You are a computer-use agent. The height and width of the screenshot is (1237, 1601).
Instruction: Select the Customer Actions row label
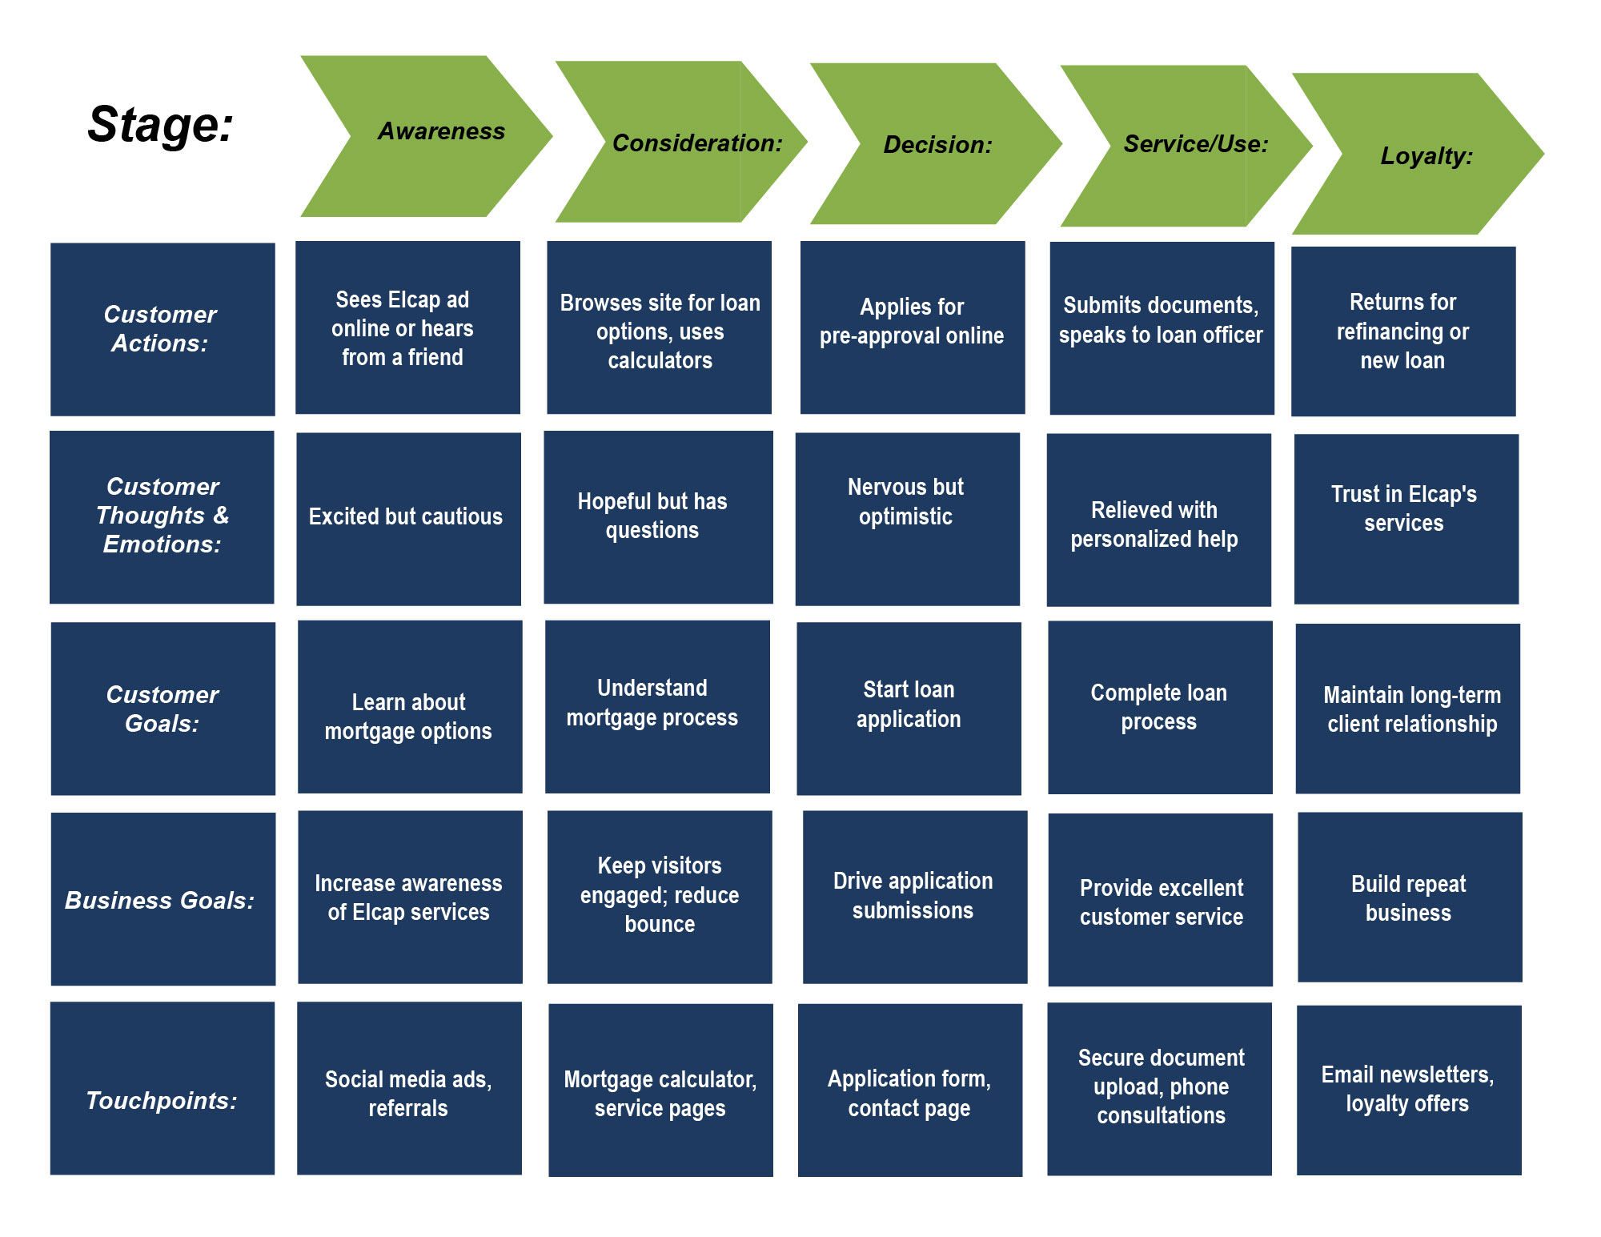tap(163, 329)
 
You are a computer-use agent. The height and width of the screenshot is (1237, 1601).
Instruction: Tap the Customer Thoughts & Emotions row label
tap(162, 516)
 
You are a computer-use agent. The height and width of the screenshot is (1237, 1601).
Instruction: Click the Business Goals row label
tap(163, 899)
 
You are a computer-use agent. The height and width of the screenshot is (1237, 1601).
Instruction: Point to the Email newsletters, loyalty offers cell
tap(1408, 1090)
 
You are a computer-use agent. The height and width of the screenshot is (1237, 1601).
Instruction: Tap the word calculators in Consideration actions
tap(660, 361)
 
